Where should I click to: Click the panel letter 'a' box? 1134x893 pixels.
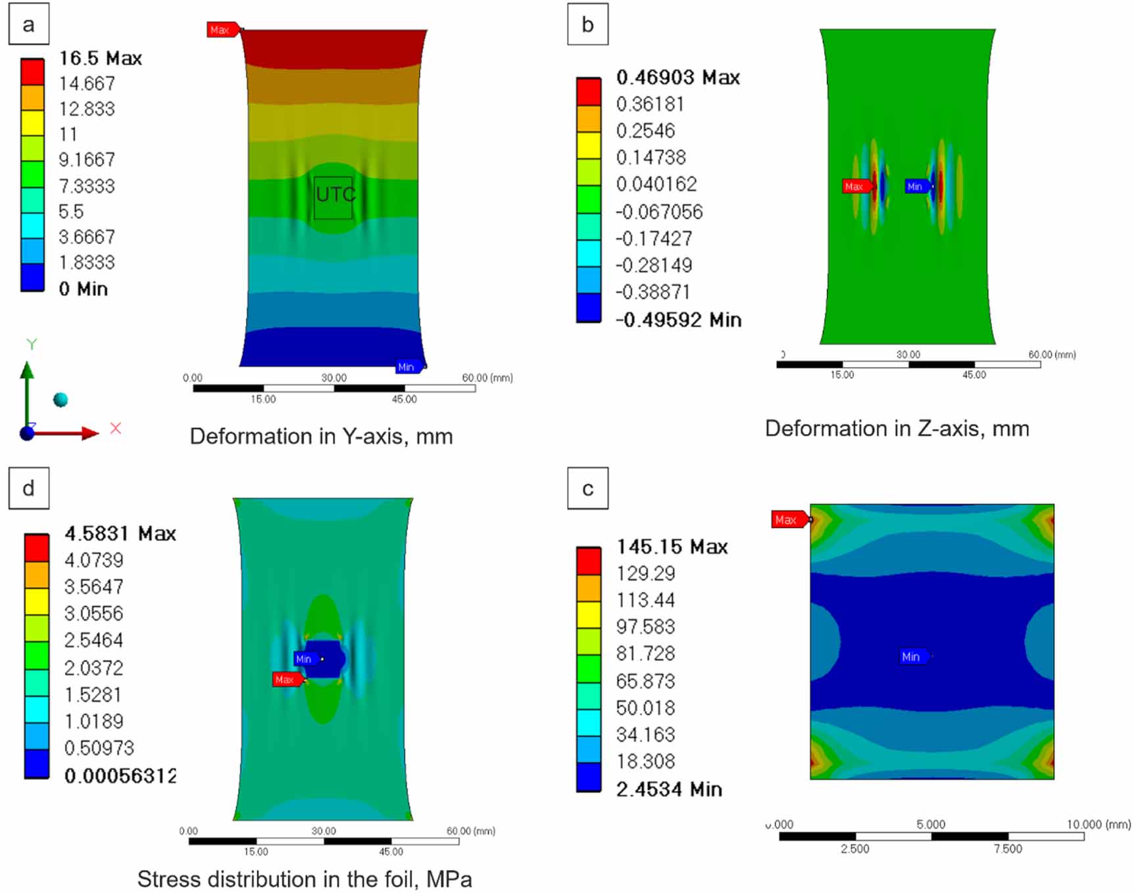(28, 25)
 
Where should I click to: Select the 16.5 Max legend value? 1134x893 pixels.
(100, 58)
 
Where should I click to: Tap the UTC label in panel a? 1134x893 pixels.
(335, 195)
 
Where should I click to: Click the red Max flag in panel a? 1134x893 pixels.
(222, 30)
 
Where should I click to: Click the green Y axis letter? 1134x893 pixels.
(32, 344)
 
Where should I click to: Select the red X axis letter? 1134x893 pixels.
(116, 429)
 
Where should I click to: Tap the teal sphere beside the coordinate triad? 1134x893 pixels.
(61, 400)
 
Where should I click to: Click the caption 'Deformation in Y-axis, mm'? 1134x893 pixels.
(321, 436)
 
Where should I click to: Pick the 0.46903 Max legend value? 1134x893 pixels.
(678, 78)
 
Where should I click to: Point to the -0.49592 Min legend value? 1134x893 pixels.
(678, 320)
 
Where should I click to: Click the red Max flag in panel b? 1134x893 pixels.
(856, 187)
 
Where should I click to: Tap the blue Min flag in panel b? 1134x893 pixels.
(917, 187)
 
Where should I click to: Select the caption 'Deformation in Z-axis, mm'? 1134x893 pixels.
(897, 429)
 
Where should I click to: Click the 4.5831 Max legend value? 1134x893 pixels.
(120, 533)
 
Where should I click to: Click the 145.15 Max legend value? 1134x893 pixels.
(672, 547)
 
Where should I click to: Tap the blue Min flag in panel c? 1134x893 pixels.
(913, 656)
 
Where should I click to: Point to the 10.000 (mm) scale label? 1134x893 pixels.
(1098, 825)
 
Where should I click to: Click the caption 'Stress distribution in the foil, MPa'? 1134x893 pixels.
(304, 879)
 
